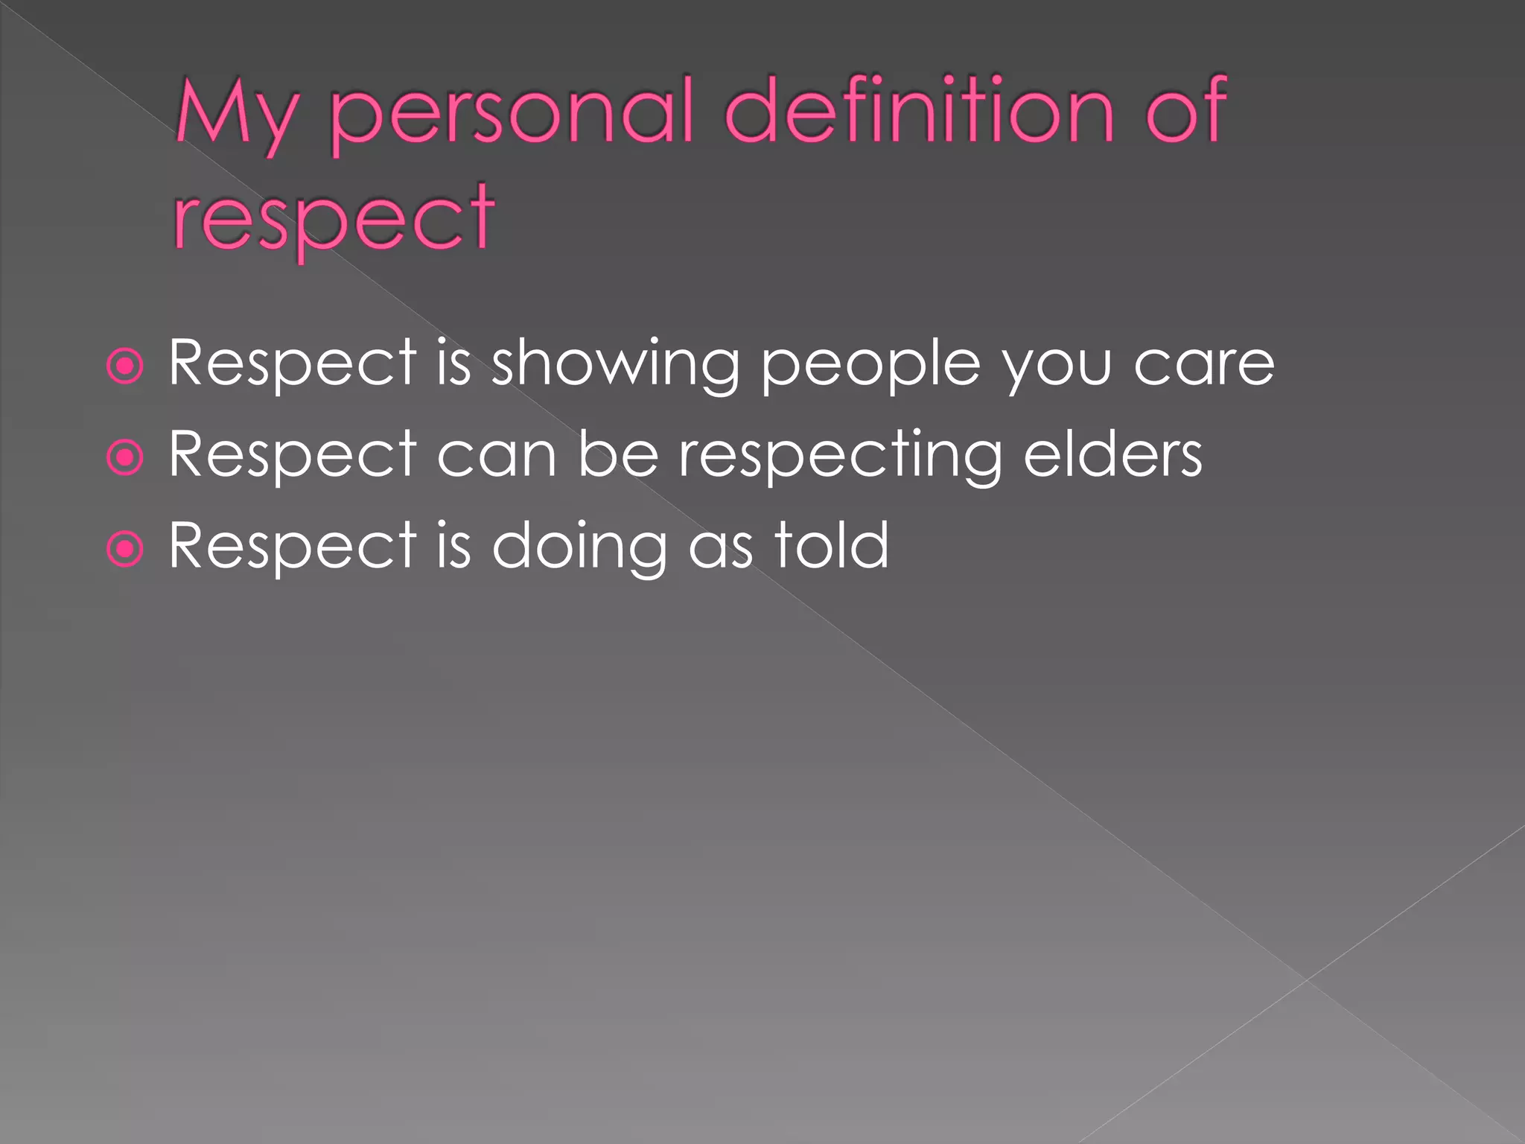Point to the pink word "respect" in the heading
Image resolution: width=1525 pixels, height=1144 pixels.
(x=334, y=219)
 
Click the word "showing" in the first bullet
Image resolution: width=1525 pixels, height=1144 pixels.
(x=615, y=365)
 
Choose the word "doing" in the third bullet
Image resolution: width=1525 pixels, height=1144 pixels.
(x=579, y=548)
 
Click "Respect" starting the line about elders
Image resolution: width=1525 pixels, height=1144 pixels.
(x=292, y=456)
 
